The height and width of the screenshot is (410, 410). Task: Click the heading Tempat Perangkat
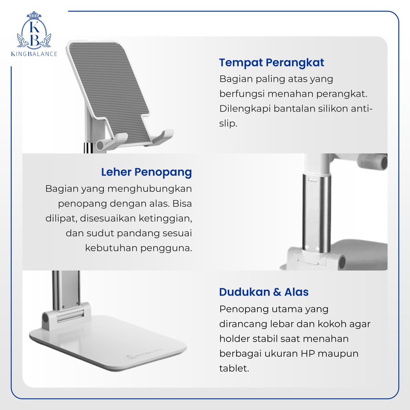pos(271,63)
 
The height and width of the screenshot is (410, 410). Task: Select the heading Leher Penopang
pos(147,172)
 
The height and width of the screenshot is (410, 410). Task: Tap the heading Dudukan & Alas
pos(264,292)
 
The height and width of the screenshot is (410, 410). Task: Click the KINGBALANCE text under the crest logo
pos(34,54)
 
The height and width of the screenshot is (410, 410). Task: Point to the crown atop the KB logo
pos(34,15)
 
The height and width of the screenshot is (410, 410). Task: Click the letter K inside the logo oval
pos(34,27)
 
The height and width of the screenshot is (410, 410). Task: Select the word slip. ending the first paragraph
pos(228,124)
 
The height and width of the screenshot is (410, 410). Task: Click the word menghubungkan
pos(150,189)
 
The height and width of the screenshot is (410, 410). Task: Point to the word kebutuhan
pos(111,248)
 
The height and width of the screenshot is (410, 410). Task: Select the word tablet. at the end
pos(234,368)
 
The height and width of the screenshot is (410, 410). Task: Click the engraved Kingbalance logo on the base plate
pos(144,354)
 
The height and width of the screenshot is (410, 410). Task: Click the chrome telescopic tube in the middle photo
pos(316,213)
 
